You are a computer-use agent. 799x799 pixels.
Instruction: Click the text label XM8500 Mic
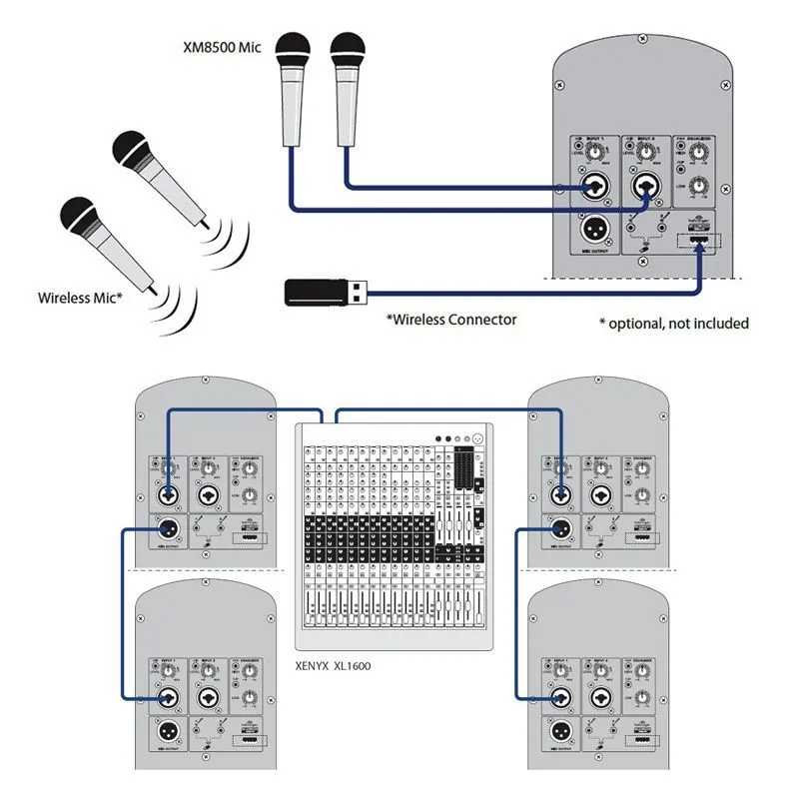pos(223,47)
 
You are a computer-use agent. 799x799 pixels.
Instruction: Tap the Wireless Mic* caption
pos(80,297)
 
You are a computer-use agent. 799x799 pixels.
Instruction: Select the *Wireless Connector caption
pos(451,320)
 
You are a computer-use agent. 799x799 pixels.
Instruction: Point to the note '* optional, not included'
pos(673,323)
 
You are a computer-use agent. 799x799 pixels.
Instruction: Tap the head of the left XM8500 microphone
pos(293,51)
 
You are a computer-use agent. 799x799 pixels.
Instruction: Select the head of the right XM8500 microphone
pos(347,51)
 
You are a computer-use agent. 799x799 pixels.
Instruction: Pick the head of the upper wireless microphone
pos(133,150)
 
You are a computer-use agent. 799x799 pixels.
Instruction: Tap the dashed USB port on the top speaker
pos(700,241)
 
